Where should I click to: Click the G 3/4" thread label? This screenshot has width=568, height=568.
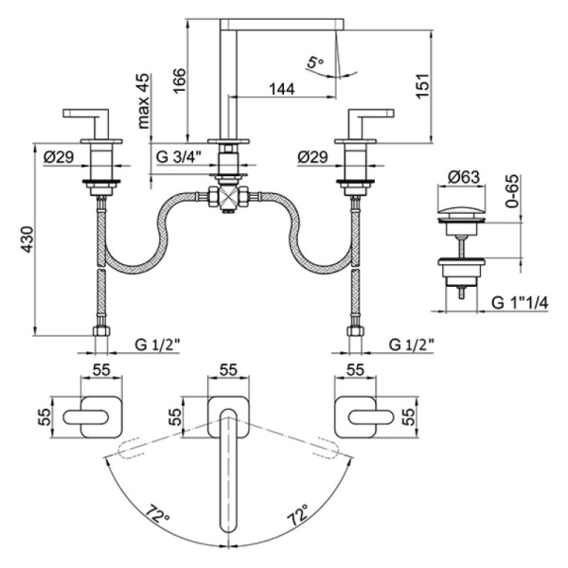(181, 157)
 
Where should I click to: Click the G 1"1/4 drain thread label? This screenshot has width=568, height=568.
(519, 304)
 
